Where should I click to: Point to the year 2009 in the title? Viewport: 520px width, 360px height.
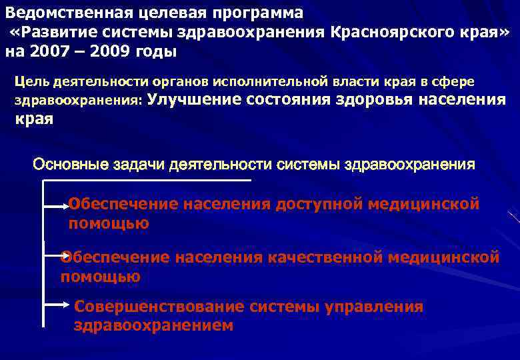coord(127,51)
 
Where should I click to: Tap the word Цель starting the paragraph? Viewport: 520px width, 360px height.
coord(30,81)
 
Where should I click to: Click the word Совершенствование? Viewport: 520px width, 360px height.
coord(160,307)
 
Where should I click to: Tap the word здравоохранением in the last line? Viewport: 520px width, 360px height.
coord(153,326)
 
